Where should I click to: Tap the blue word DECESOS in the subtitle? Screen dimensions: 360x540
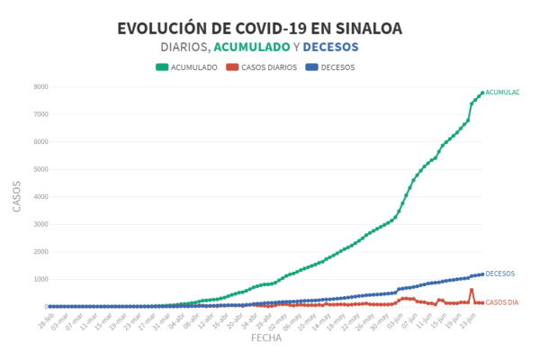click(x=330, y=47)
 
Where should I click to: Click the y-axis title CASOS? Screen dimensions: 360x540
click(x=17, y=196)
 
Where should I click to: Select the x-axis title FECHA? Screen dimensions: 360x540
click(x=266, y=339)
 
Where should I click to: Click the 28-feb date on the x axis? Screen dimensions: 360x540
click(x=46, y=320)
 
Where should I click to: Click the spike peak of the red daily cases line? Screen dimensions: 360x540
click(x=472, y=289)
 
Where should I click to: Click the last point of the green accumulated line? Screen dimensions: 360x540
click(x=482, y=93)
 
